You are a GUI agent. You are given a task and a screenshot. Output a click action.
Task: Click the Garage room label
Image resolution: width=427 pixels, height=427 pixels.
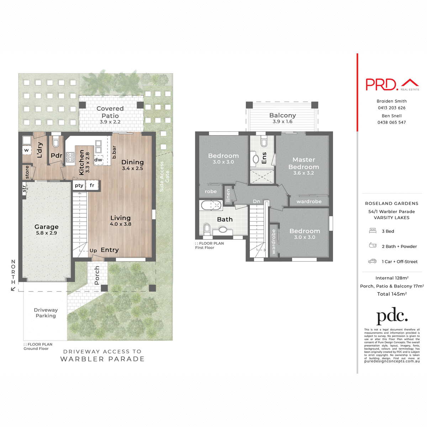46,227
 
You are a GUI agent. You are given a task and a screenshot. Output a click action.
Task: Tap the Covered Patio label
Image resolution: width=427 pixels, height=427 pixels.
110,112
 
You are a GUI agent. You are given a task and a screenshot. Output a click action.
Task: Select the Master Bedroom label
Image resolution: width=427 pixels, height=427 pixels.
304,163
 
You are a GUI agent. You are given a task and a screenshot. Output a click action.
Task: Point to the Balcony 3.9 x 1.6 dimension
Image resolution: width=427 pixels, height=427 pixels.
283,122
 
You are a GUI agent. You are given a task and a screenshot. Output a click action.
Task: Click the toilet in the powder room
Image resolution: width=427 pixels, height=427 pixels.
55,143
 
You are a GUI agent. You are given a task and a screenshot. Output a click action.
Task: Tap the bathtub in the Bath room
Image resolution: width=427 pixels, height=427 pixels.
212,205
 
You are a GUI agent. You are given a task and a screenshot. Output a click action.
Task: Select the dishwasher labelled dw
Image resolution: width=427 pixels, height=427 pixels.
99,160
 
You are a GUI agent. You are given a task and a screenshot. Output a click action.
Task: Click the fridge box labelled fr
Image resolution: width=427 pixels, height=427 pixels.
92,185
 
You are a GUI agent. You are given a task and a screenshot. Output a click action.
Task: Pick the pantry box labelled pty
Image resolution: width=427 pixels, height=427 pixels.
79,185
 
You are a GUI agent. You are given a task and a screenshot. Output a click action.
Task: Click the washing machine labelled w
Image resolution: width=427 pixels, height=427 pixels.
27,150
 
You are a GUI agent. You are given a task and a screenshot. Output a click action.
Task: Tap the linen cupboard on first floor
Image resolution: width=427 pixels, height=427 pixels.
228,195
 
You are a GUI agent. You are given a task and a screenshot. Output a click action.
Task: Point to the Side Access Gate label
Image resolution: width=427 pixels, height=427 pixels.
164,176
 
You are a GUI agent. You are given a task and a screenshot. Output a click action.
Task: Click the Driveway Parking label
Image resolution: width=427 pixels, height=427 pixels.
46,313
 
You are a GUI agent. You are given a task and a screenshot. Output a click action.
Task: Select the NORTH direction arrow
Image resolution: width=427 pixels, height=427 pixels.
13,289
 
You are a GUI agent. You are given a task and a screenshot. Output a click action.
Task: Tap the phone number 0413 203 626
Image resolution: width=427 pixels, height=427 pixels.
391,108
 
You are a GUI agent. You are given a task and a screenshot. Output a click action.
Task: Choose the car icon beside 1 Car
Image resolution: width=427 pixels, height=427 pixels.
372,261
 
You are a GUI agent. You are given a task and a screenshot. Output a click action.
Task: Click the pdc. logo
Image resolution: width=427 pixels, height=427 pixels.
392,315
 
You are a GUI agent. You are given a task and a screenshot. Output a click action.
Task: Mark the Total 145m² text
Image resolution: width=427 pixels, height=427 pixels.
392,294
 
